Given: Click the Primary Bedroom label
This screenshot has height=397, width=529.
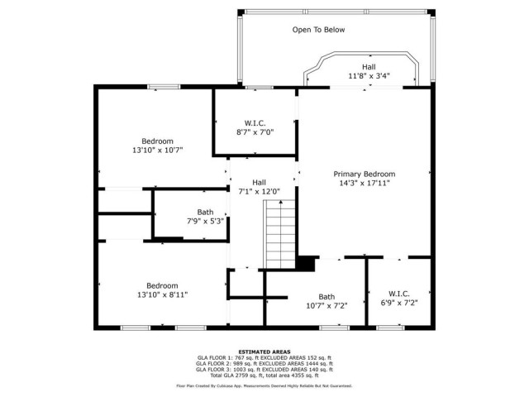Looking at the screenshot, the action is click(365, 175).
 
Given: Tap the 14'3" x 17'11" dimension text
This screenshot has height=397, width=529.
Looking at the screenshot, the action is click(365, 184).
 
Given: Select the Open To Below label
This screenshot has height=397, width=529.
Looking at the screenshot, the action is click(318, 30).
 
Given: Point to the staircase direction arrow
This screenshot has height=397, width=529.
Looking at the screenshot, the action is click(281, 202).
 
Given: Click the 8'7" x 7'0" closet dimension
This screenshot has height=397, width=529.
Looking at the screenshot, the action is click(255, 132).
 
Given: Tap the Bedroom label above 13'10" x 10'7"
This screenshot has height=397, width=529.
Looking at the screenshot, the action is click(157, 141).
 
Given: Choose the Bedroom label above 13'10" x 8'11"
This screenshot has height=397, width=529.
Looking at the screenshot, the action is click(162, 286).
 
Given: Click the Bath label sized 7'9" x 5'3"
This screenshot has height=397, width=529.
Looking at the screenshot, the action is click(205, 213).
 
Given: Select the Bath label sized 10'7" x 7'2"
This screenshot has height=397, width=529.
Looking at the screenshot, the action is click(326, 297).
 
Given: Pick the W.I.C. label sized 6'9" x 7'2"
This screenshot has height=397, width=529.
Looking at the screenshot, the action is click(399, 294).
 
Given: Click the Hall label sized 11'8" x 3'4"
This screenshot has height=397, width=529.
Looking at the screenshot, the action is click(369, 67).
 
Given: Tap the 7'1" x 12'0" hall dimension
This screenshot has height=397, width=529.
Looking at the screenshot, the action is click(259, 192).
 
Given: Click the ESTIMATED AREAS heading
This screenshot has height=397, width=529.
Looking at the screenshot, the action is click(264, 352).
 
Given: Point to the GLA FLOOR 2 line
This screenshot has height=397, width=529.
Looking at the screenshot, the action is click(264, 364).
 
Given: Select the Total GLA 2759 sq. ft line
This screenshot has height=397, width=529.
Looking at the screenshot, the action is click(264, 375).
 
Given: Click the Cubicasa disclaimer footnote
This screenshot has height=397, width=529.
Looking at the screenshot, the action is click(264, 386).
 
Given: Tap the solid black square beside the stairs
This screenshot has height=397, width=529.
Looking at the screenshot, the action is click(306, 263).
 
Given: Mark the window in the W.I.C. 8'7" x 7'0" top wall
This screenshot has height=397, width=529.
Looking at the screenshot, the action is click(259, 88).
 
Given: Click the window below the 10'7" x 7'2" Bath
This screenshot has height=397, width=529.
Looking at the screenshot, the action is click(334, 328).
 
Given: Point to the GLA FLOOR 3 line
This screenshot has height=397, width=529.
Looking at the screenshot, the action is click(264, 370).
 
